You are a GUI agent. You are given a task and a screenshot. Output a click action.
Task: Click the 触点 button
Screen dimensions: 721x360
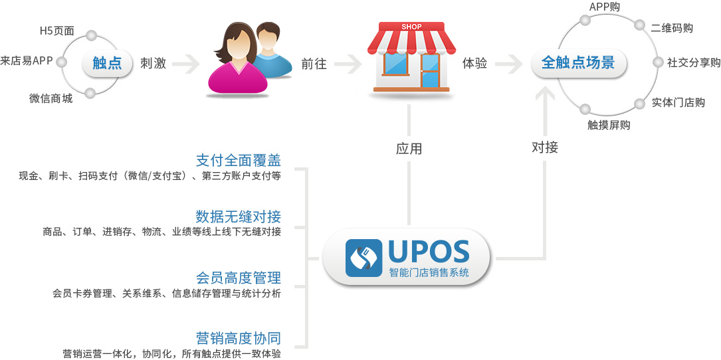pos(107,63)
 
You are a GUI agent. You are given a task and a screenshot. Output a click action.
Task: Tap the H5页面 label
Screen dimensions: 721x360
pos(57,32)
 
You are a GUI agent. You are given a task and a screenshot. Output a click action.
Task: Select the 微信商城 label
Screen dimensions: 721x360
pos(51,98)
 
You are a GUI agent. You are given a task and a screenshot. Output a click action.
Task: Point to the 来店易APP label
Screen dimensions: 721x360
pos(27,60)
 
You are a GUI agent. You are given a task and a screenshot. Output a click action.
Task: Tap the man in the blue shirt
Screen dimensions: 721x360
pos(271,50)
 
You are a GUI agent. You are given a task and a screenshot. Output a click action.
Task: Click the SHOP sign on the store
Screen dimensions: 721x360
pos(411,27)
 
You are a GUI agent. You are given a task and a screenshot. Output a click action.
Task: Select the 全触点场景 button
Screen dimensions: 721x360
pos(578,63)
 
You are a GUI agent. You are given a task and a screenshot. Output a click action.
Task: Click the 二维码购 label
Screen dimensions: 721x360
pos(672,28)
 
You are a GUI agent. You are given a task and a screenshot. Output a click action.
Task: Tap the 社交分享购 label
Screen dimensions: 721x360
pos(693,63)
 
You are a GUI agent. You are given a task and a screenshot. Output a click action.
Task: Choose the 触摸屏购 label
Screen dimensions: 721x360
pos(609,125)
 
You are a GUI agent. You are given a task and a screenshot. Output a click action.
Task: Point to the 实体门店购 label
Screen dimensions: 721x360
pos(678,102)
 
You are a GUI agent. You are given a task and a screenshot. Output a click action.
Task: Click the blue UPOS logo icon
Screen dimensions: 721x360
pos(363,258)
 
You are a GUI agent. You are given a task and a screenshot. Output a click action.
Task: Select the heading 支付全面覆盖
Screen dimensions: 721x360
pos(238,160)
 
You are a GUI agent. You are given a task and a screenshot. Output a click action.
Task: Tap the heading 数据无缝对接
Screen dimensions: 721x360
pos(238,216)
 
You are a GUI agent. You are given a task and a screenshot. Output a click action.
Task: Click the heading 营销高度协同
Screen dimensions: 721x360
pos(238,338)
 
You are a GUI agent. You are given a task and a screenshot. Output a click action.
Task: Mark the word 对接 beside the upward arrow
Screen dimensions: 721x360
pos(545,147)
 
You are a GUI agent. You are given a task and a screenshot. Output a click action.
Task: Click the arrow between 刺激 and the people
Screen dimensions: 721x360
pos(186,64)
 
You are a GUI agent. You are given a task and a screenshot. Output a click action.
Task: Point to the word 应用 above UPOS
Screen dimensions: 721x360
pos(409,149)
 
